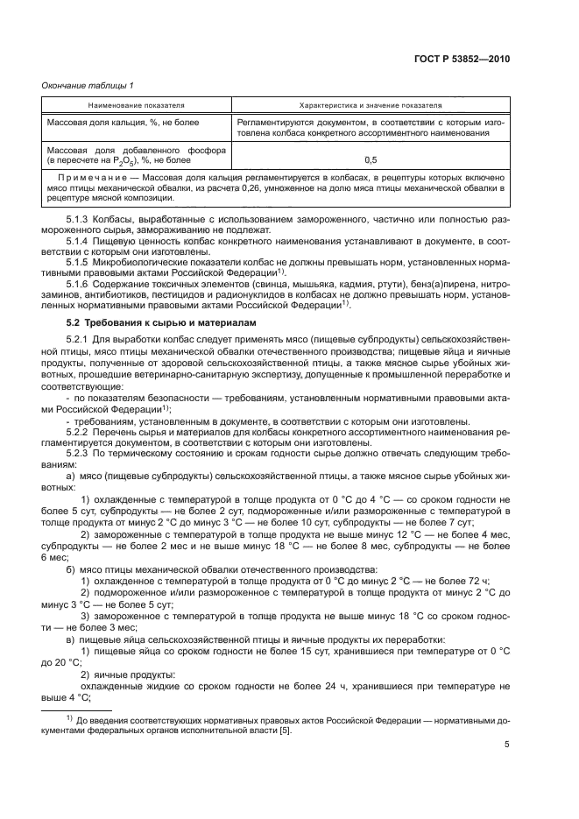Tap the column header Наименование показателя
127,104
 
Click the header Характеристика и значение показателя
371,104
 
